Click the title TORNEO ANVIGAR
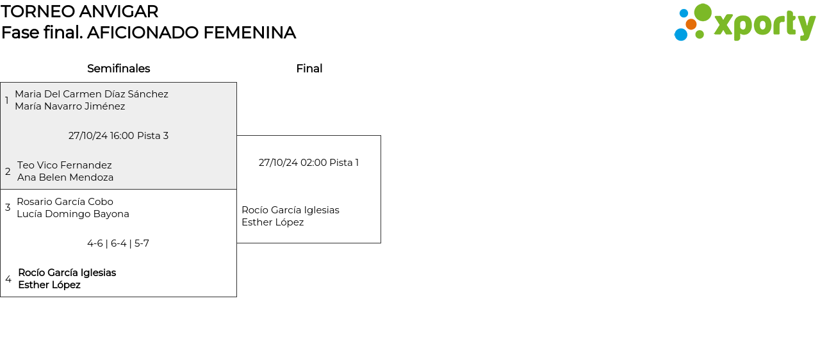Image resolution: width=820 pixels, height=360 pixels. [x=79, y=12]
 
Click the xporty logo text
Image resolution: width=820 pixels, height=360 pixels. [x=764, y=26]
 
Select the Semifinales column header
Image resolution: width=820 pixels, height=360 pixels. [x=119, y=69]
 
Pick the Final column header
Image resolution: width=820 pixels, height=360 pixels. [x=309, y=69]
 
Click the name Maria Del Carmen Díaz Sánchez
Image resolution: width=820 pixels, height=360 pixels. [x=92, y=94]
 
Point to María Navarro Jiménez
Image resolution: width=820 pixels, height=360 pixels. [x=70, y=106]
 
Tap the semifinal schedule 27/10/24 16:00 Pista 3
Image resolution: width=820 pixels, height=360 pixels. [x=119, y=136]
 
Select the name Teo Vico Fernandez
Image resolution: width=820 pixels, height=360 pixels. [x=65, y=165]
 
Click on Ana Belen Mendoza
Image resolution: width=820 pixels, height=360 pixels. [x=65, y=177]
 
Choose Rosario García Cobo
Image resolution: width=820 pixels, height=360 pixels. [x=65, y=202]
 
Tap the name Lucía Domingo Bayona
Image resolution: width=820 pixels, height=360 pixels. [x=73, y=214]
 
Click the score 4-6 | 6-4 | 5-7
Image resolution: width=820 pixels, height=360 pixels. [x=119, y=243]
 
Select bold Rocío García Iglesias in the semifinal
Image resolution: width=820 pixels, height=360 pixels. [x=67, y=273]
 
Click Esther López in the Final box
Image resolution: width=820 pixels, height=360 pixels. [x=272, y=222]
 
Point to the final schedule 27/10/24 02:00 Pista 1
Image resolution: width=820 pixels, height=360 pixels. [x=309, y=163]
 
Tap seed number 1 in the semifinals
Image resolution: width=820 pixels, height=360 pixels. [x=7, y=101]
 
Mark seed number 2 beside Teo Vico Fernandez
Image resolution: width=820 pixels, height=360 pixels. [x=8, y=172]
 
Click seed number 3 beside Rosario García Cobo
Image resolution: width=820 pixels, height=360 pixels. [x=8, y=208]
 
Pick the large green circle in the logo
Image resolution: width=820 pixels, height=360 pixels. [x=703, y=12]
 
